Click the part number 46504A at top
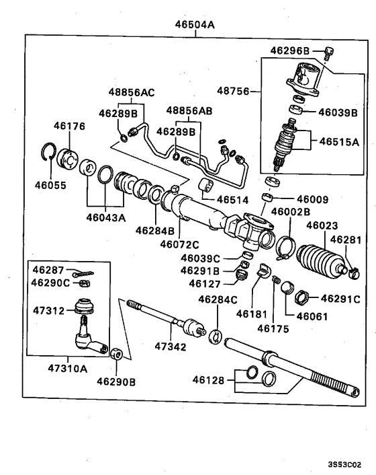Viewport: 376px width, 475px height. [x=195, y=26]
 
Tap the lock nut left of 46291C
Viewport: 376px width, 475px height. [x=301, y=296]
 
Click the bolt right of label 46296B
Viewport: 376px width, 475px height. [x=328, y=51]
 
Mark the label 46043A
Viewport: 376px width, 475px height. [x=105, y=217]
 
